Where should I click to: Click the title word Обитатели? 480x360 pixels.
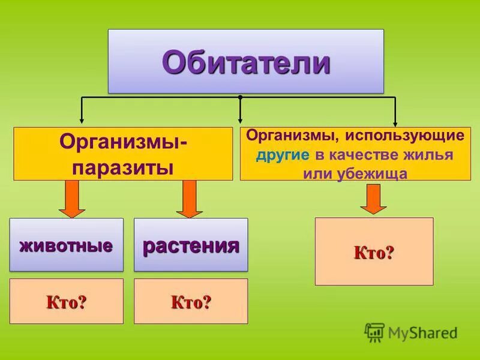[x=245, y=62]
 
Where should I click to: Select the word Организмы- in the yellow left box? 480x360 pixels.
[x=123, y=143]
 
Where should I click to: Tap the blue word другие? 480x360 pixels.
[x=283, y=154]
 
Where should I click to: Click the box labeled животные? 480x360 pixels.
[x=67, y=245]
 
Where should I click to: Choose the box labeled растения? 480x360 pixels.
[x=191, y=245]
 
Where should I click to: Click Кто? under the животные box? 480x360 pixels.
[x=67, y=301]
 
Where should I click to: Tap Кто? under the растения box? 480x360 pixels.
[x=191, y=301]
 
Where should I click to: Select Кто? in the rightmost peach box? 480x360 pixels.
[x=374, y=252]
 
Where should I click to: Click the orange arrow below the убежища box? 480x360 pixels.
[x=373, y=199]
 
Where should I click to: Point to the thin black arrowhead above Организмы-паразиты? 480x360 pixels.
[x=82, y=121]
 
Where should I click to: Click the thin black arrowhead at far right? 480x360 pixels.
[x=395, y=122]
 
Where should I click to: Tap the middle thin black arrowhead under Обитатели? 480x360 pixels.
[x=240, y=120]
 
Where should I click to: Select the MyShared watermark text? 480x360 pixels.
[x=422, y=332]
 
